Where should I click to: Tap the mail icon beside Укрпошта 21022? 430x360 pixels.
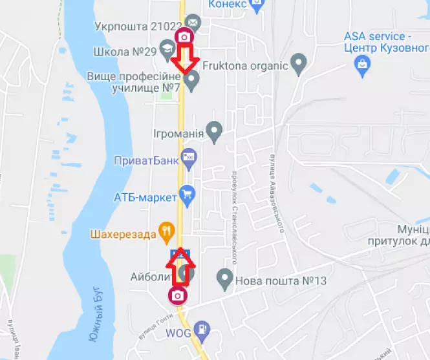click(x=193, y=25)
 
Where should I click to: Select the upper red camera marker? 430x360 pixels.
click(x=185, y=36)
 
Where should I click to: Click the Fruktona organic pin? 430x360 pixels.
click(x=299, y=63)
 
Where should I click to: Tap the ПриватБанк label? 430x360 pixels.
click(x=145, y=161)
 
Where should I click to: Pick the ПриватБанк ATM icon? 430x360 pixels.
click(x=189, y=156)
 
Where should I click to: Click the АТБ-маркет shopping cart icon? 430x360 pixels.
click(x=188, y=193)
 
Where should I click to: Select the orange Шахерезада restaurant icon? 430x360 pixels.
click(x=167, y=230)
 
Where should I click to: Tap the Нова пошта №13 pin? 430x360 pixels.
click(x=224, y=279)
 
